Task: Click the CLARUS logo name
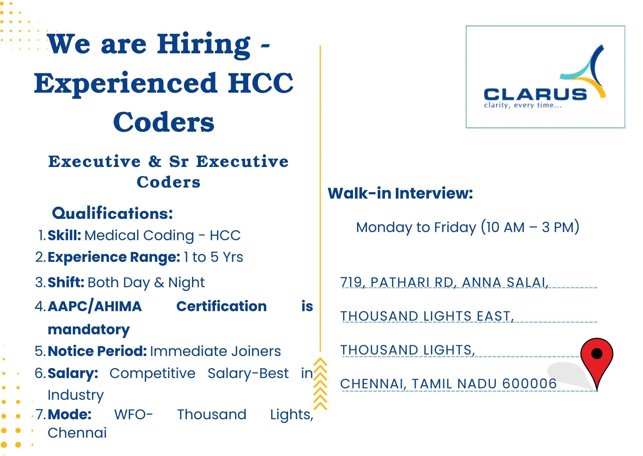point(535,95)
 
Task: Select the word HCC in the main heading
point(260,83)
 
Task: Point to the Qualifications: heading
point(113,213)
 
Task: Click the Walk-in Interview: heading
point(400,193)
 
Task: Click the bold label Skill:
point(64,235)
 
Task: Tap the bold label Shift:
point(66,282)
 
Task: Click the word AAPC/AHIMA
point(95,306)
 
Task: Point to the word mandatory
point(89,329)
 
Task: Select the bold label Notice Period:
point(97,351)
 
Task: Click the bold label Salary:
point(73,373)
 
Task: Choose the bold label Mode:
point(70,414)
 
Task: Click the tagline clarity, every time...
point(523,106)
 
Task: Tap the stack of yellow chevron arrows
point(320,384)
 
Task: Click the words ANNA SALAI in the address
point(505,282)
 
